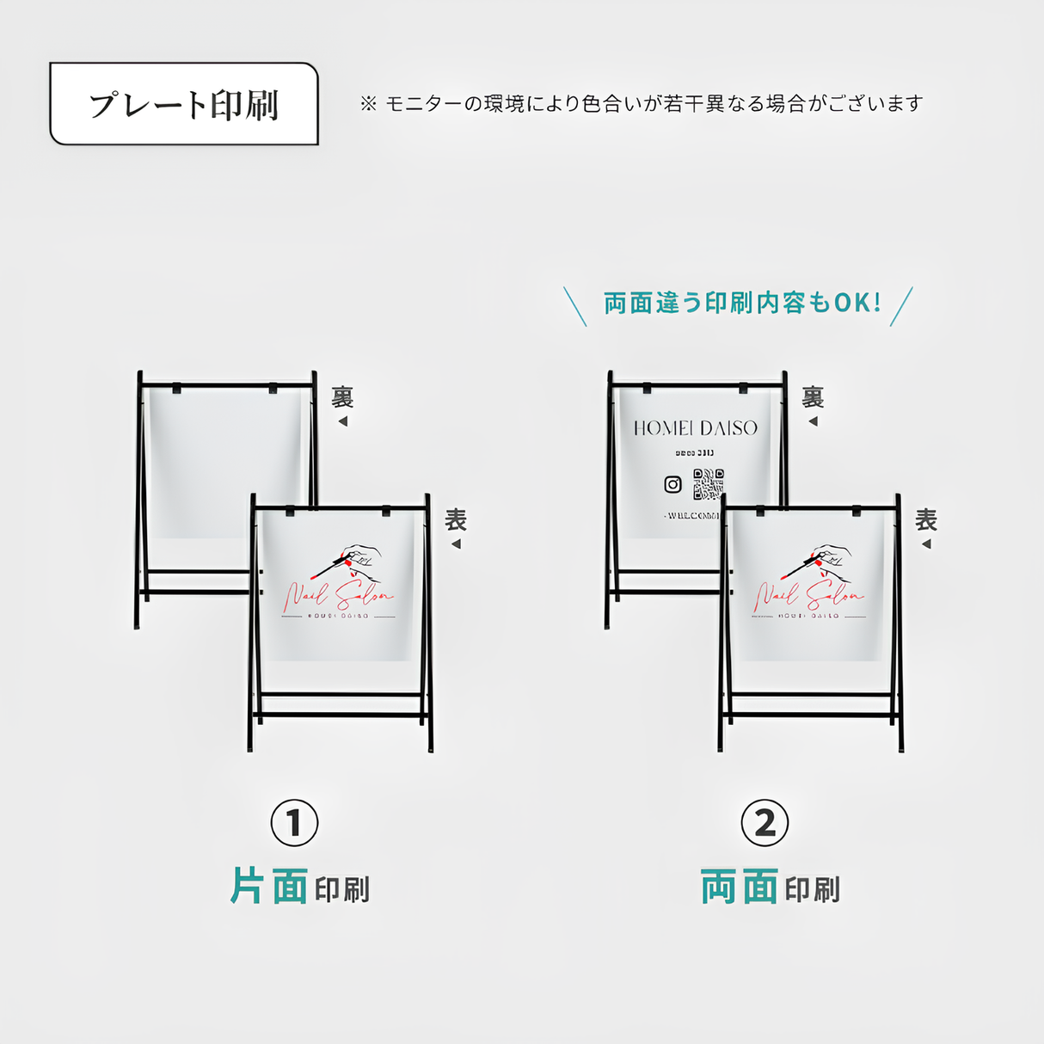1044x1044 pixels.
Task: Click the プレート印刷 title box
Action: coord(184,104)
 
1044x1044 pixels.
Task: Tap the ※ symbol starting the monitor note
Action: coord(368,104)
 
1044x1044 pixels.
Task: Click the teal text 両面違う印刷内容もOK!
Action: coord(742,303)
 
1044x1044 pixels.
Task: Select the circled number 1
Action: coord(294,823)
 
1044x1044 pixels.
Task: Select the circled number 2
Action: coord(765,823)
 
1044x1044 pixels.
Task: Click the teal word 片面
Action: coord(269,887)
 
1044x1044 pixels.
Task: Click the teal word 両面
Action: coord(740,887)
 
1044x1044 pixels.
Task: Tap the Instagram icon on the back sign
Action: coord(673,484)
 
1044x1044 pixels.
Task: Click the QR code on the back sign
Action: coord(709,484)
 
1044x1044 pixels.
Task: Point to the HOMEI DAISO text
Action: coord(696,427)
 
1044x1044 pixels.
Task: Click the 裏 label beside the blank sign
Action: coord(342,397)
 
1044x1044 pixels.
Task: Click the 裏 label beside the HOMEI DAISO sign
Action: coord(813,397)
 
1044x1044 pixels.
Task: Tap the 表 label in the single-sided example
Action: coord(456,519)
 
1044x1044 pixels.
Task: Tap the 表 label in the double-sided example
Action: coord(926,519)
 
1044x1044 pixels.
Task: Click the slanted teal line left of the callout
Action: coord(574,307)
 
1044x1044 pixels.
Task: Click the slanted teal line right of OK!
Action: coord(901,307)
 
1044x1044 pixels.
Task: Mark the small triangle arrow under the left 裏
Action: coord(343,421)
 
